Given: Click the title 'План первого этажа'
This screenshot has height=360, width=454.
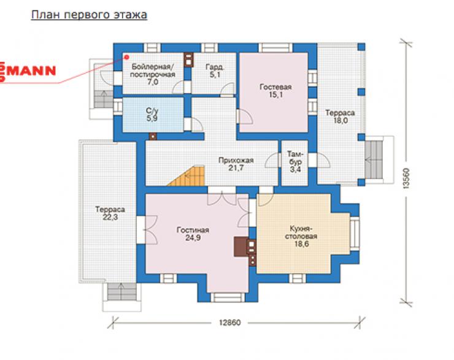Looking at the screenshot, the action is click(x=89, y=15).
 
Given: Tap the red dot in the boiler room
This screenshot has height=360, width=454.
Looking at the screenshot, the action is click(x=126, y=57).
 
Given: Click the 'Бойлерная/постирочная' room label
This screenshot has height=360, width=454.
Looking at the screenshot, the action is click(x=153, y=71).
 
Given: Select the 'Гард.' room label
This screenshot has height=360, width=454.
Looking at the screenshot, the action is click(x=215, y=67).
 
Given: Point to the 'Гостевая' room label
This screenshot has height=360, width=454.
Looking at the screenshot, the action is click(x=275, y=87).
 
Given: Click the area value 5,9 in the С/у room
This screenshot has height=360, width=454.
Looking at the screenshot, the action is click(x=152, y=118).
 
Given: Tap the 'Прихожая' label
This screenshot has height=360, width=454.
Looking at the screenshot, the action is click(x=236, y=160).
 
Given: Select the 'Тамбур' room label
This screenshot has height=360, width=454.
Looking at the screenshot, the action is click(x=295, y=161).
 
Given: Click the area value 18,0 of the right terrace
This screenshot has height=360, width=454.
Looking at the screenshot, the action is click(x=340, y=120).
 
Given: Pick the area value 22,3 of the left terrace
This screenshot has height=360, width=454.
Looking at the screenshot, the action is click(x=110, y=216).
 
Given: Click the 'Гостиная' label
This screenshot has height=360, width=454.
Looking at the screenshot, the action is click(x=193, y=230).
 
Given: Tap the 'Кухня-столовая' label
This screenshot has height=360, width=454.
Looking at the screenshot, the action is click(x=301, y=232).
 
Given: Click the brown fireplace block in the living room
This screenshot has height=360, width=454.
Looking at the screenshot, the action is click(x=240, y=247).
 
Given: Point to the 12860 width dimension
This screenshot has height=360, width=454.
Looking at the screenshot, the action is click(x=229, y=323).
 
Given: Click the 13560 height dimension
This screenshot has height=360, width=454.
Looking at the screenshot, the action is click(x=406, y=178).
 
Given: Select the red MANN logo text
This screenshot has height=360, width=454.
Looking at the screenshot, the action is click(x=31, y=71).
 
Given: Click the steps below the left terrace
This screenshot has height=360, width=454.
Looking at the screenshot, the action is click(x=122, y=292).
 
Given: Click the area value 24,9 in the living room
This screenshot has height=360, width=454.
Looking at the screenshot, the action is click(x=193, y=238).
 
